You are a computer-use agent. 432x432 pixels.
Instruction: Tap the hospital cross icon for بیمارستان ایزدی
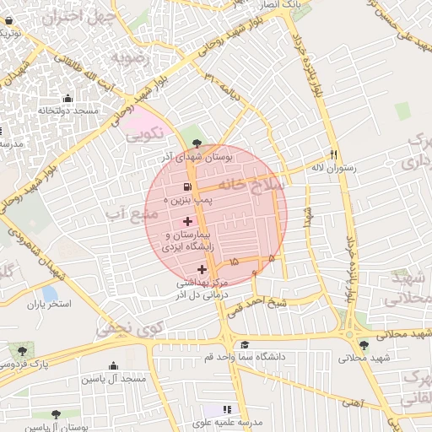187,221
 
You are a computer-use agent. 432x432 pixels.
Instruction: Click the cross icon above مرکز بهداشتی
202,270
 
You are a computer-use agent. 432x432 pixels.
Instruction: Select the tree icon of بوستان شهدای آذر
197,143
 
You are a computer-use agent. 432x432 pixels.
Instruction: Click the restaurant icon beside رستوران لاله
335,155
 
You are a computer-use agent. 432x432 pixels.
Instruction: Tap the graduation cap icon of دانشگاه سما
245,345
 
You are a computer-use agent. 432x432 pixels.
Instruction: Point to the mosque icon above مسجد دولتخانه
67,98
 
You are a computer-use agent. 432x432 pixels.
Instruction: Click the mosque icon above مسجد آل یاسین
113,365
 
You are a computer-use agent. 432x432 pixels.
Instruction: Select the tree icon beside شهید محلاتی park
364,344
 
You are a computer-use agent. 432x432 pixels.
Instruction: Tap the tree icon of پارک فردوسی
21,349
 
